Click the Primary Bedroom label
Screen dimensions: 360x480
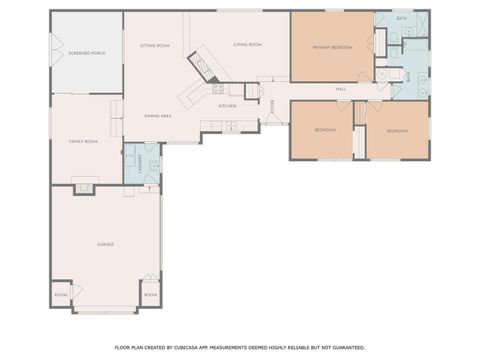click(x=331, y=47)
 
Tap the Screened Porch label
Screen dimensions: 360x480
click(x=86, y=52)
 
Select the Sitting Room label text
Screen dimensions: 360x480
click(x=154, y=46)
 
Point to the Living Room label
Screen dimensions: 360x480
click(x=247, y=45)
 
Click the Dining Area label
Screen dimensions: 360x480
click(x=158, y=116)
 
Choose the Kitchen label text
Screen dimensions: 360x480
click(x=228, y=105)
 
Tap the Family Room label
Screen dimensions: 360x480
click(x=82, y=142)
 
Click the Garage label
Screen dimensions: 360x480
click(x=105, y=245)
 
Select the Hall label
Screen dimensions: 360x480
click(x=341, y=89)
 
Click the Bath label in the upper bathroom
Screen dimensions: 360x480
click(x=401, y=19)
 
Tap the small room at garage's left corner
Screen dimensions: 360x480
click(x=61, y=296)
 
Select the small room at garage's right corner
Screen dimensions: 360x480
click(x=149, y=296)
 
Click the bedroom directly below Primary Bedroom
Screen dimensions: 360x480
click(x=325, y=131)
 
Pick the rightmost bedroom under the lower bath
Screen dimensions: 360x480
click(x=397, y=131)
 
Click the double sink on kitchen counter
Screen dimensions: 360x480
click(x=231, y=126)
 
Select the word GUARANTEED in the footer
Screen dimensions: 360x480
click(x=346, y=347)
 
